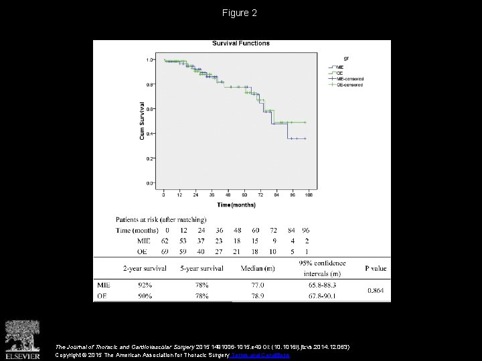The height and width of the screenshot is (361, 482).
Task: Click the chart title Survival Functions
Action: click(x=241, y=43)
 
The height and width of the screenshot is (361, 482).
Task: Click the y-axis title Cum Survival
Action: click(x=142, y=121)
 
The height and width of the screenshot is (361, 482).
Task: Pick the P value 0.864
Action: click(x=375, y=290)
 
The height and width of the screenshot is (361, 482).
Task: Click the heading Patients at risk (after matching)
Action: click(x=161, y=219)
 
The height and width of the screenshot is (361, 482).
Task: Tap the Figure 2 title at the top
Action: click(x=240, y=13)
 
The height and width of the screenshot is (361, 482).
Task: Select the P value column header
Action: click(x=375, y=269)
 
